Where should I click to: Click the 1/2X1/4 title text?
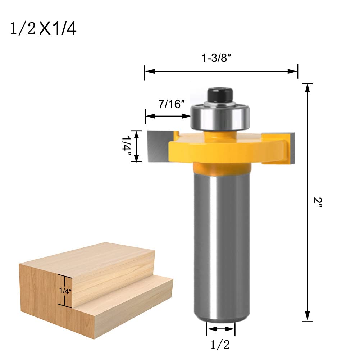pos(43,29)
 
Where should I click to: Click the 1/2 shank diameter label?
pos(220,345)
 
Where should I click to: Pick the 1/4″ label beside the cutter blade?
pos(126,146)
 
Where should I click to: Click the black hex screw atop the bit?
pos(220,94)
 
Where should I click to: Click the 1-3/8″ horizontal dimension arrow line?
pos(221,72)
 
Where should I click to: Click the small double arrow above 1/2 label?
pos(220,328)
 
